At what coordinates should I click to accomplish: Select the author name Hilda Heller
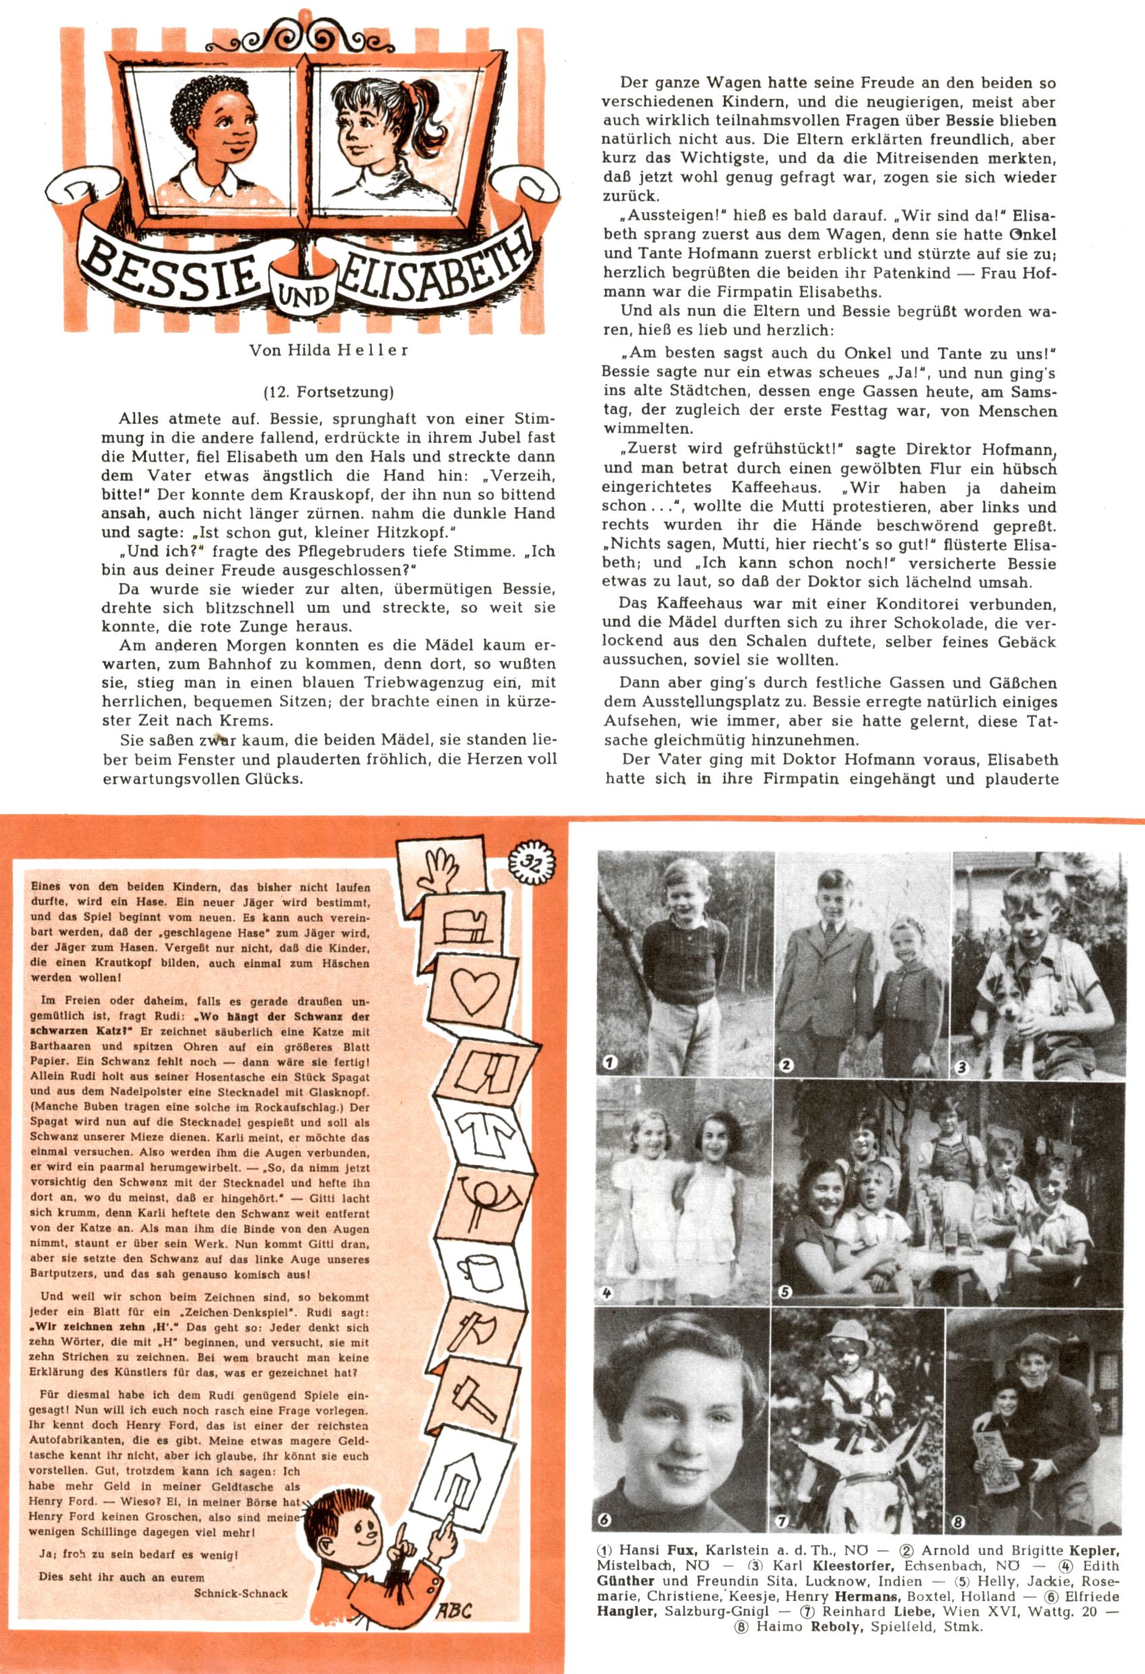(329, 351)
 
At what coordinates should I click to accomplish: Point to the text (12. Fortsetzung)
(329, 392)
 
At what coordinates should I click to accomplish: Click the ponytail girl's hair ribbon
(410, 89)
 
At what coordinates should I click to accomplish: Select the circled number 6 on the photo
(604, 1520)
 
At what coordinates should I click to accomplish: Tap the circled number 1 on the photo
(610, 1061)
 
